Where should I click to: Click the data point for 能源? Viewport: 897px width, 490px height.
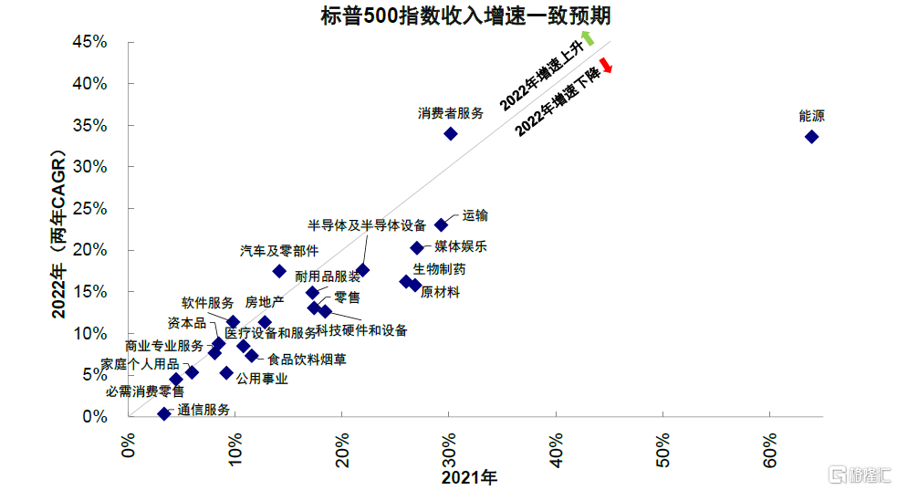coord(811,137)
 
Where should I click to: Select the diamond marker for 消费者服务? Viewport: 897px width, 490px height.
coord(450,133)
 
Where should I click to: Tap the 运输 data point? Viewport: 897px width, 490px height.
coord(441,224)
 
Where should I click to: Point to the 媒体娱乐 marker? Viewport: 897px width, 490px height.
coord(417,247)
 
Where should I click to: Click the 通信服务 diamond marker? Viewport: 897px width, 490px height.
coord(164,413)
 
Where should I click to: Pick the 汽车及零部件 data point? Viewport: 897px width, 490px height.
coord(279,271)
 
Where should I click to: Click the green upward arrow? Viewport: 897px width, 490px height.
coord(588,37)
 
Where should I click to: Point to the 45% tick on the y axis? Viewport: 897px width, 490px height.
coord(90,42)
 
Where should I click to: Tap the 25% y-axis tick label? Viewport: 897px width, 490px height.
coord(90,209)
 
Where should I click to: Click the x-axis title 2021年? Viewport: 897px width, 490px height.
coord(469,476)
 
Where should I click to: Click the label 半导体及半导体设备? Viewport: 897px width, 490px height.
coord(367,225)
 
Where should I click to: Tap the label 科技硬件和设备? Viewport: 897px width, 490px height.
coord(361,330)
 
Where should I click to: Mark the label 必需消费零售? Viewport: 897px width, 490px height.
coord(145,391)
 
